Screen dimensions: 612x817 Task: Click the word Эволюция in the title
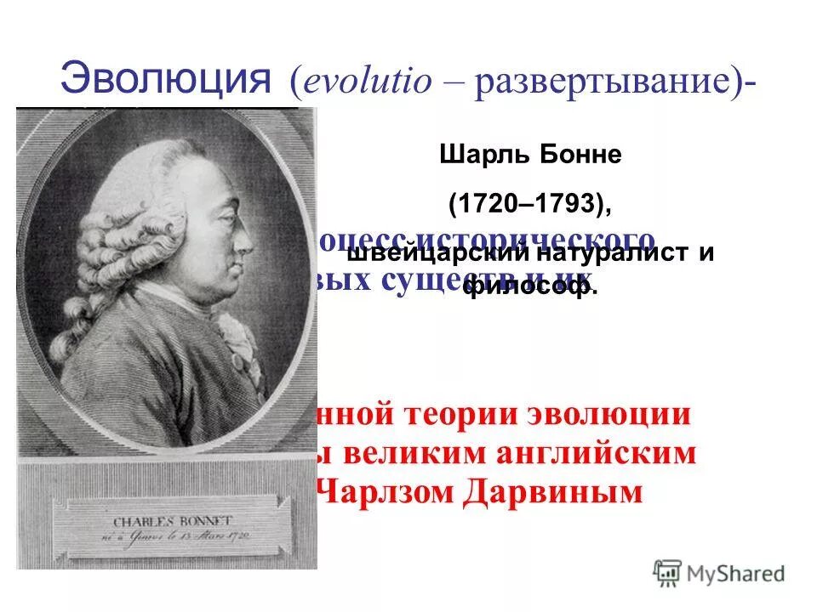167,81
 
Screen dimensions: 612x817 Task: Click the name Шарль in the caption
480,156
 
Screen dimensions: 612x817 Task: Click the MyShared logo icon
669,572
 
